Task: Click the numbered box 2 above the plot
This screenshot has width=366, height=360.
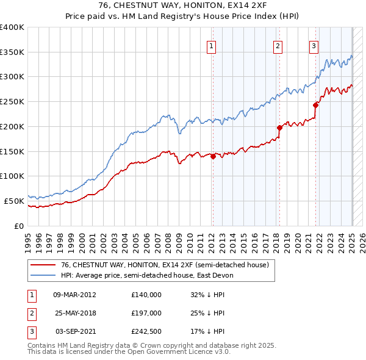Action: click(x=278, y=45)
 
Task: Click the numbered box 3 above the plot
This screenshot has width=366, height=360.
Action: click(x=314, y=45)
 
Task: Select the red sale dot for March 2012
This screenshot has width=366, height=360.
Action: click(x=213, y=156)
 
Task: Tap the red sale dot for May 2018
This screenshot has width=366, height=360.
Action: click(x=279, y=128)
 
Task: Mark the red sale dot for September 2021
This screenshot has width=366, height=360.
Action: click(x=315, y=105)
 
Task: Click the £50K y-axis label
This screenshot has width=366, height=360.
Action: click(x=14, y=200)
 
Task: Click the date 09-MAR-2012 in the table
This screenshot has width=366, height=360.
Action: click(x=74, y=294)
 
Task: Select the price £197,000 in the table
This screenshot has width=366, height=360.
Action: click(x=146, y=313)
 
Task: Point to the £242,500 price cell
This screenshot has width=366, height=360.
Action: click(x=146, y=332)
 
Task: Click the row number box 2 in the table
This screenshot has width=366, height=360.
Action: click(x=31, y=313)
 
